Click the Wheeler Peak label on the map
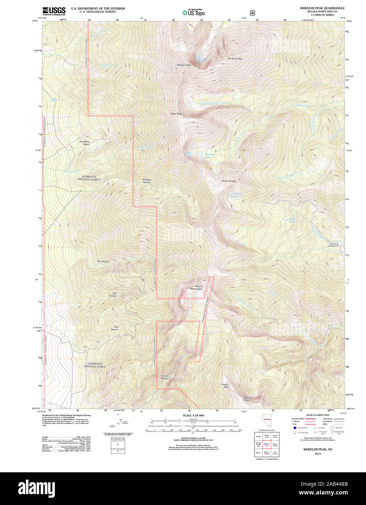(x=183, y=65)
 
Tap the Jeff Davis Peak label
(x=235, y=58)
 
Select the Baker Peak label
(x=176, y=114)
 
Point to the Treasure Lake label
(x=210, y=156)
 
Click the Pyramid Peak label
(x=229, y=181)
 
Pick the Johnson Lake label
(x=237, y=195)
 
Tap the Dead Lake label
(x=292, y=220)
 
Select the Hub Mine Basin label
(x=84, y=143)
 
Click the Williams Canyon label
(x=146, y=181)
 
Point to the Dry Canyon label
(x=103, y=262)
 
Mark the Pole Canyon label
(x=114, y=328)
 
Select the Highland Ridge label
(x=248, y=399)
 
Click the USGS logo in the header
(x=54, y=11)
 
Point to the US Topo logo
(x=193, y=12)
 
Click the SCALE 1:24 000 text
(x=193, y=415)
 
